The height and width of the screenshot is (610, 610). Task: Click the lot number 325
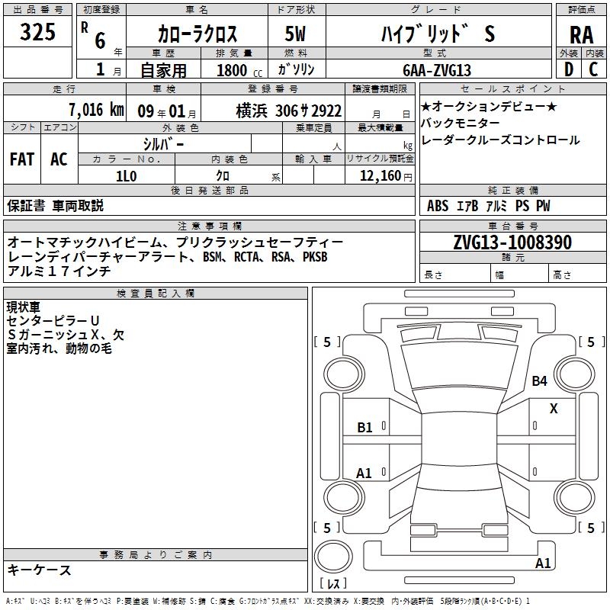(x=39, y=33)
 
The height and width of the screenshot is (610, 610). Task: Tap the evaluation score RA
(x=581, y=34)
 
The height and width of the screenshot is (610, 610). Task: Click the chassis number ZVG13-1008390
(x=512, y=242)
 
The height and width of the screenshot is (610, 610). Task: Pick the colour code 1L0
(x=126, y=175)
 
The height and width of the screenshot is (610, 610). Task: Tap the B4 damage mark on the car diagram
(x=540, y=380)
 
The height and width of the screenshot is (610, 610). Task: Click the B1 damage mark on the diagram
(x=365, y=428)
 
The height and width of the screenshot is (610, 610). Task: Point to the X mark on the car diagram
(x=554, y=409)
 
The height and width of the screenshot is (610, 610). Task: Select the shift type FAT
(x=21, y=159)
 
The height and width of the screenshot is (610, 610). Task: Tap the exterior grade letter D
(x=568, y=69)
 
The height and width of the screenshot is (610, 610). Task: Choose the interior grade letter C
(x=593, y=69)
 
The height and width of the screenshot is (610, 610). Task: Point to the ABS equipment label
(x=438, y=206)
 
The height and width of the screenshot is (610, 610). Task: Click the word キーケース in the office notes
(x=39, y=570)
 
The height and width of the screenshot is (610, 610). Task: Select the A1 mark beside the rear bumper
(x=543, y=563)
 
